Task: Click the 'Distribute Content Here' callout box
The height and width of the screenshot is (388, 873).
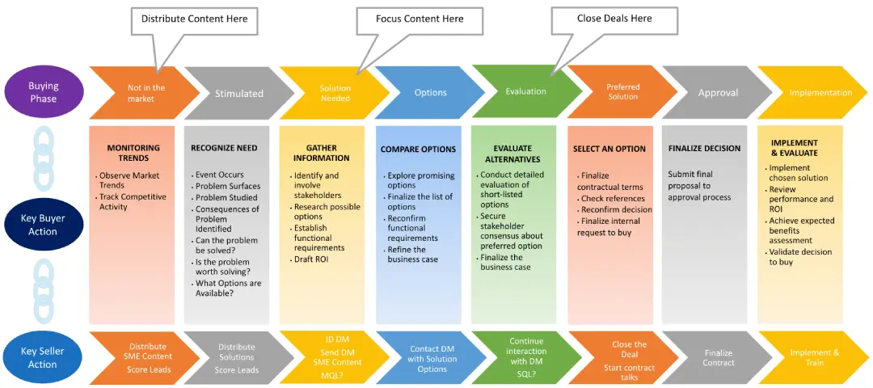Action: tap(194, 19)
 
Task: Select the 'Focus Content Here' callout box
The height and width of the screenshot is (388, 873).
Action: tap(420, 19)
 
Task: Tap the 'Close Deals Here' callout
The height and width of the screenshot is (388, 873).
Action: tap(614, 19)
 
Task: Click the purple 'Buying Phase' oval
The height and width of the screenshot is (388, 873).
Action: tap(44, 92)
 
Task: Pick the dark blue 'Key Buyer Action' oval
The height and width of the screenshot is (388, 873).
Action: tap(43, 226)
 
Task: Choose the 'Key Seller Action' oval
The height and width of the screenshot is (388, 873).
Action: tap(43, 358)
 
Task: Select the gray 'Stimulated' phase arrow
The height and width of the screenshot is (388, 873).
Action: tap(238, 93)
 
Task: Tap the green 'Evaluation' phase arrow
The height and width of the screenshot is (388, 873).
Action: tap(525, 92)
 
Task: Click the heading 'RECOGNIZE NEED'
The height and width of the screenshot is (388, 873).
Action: tap(224, 149)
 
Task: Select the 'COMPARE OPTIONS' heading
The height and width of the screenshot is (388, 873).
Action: tap(418, 150)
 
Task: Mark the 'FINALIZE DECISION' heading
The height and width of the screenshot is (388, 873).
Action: tap(704, 149)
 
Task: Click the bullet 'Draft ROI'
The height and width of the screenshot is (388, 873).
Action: tap(312, 259)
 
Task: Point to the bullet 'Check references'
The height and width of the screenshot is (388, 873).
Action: tap(612, 199)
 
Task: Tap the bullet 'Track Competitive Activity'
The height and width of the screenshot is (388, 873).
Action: tap(133, 201)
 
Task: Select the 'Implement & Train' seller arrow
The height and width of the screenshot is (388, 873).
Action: tap(813, 358)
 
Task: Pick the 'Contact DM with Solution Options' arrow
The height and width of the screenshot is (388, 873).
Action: tap(432, 359)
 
